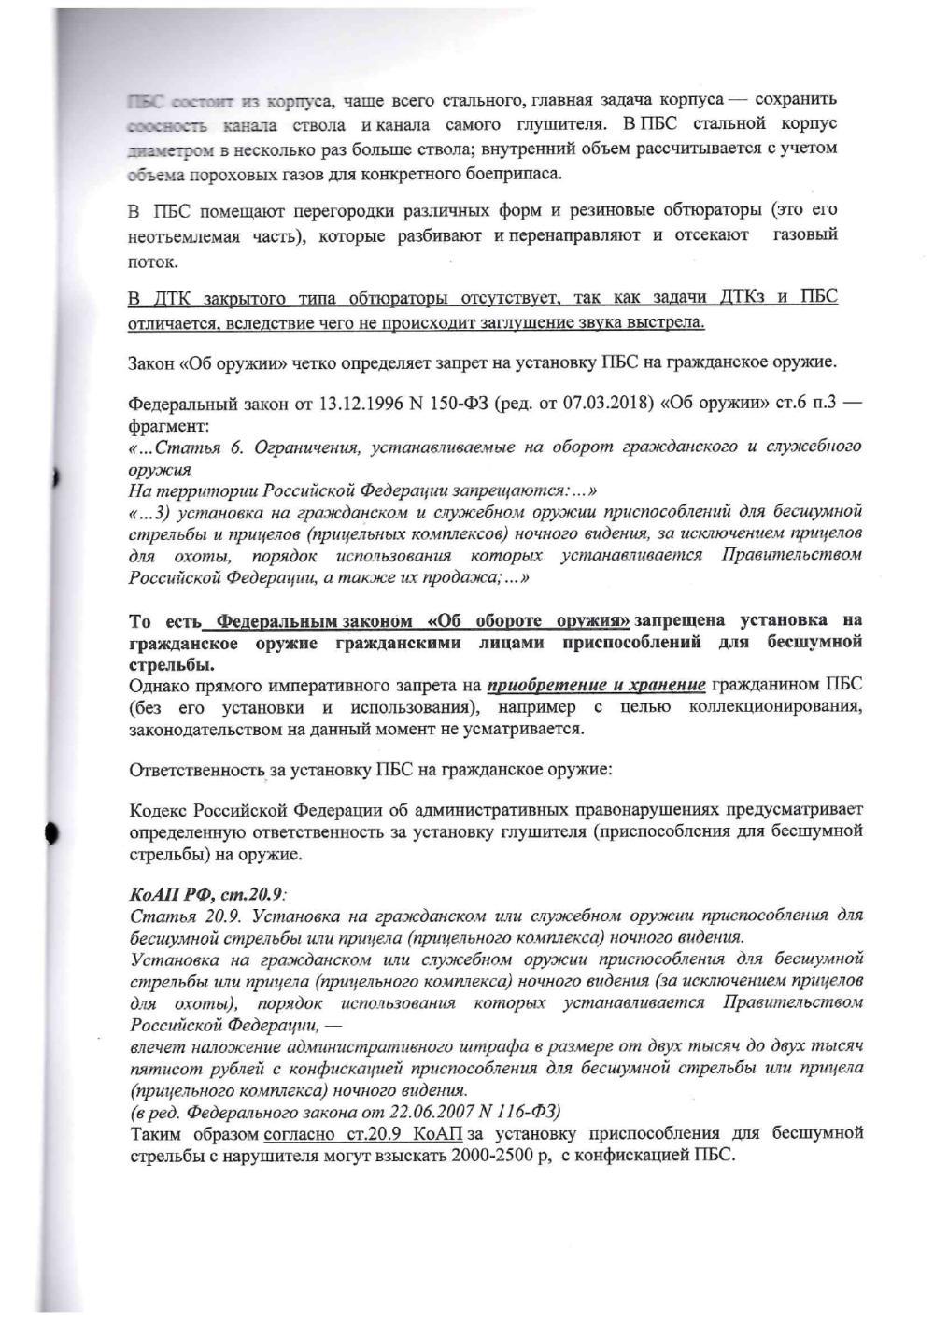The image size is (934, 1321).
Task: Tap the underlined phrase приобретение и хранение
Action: click(x=596, y=685)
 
